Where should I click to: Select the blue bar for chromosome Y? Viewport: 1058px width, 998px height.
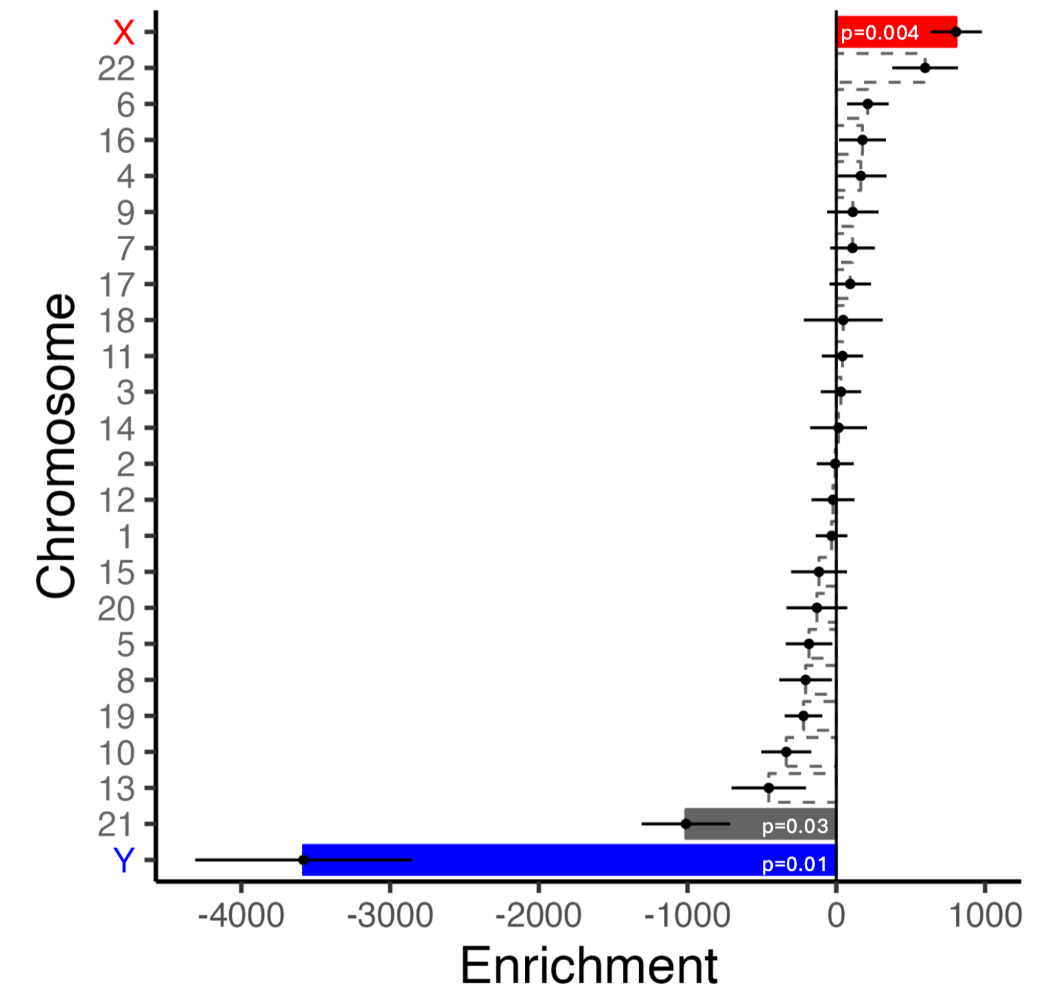[533, 859]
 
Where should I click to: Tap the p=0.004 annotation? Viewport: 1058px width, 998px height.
[879, 33]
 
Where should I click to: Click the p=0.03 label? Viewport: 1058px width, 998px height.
[795, 826]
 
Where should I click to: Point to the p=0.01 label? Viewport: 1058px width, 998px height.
[794, 864]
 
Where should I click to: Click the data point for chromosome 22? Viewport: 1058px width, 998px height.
[925, 68]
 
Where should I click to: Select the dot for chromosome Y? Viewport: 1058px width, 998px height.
[304, 860]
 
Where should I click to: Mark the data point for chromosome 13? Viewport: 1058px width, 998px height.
[769, 787]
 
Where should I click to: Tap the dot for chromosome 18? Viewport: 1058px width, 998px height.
[843, 320]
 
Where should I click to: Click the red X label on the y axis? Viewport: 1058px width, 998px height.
[124, 33]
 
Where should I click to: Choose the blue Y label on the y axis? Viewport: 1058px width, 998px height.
[124, 860]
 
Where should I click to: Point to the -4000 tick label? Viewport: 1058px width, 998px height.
[241, 916]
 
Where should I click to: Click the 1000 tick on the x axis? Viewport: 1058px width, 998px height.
[985, 916]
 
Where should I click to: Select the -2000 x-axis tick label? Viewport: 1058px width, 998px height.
[538, 916]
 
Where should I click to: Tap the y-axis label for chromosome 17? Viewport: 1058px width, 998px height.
[117, 285]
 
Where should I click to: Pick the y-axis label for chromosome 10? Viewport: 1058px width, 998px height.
[117, 753]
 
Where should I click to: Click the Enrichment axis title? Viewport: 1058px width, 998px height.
[588, 965]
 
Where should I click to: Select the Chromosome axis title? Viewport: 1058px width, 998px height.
[56, 446]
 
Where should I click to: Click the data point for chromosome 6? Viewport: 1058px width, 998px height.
[867, 104]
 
